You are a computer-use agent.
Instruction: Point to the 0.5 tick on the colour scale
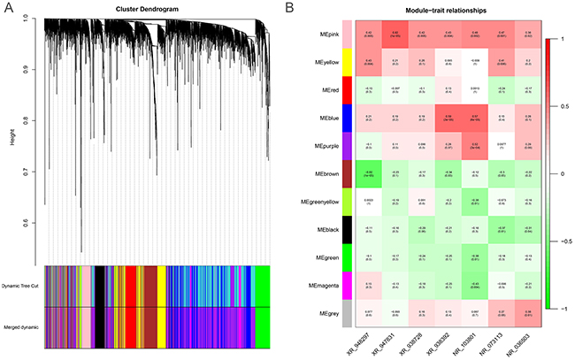coord(565,106)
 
